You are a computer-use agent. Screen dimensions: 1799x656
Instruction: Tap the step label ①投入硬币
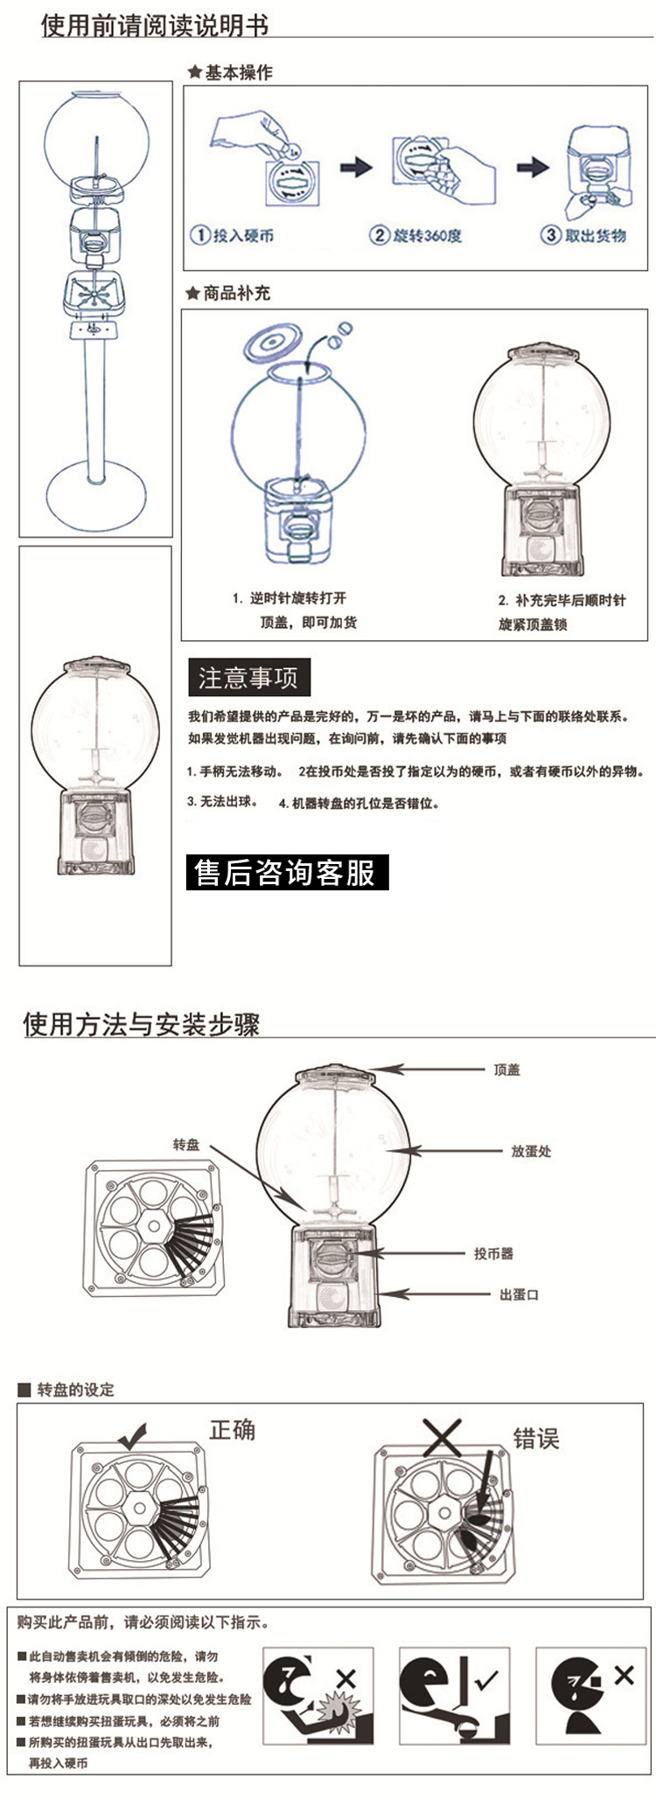[x=233, y=235]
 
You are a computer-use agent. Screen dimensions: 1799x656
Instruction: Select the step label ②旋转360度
[x=415, y=235]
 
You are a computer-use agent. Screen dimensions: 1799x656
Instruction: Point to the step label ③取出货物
[x=583, y=235]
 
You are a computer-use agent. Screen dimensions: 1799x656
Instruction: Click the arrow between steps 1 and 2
[x=355, y=167]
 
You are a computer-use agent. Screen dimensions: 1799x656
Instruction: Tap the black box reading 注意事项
[x=249, y=678]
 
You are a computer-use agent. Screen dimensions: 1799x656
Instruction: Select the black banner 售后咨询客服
[x=286, y=872]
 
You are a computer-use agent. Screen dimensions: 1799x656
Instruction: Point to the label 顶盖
[x=506, y=1070]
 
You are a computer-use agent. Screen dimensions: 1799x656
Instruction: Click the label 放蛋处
[x=531, y=1151]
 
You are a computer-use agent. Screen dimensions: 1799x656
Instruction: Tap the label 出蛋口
[x=519, y=1294]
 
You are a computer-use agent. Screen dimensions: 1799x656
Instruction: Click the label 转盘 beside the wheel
[x=185, y=1144]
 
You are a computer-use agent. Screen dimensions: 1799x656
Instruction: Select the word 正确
[x=232, y=1430]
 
